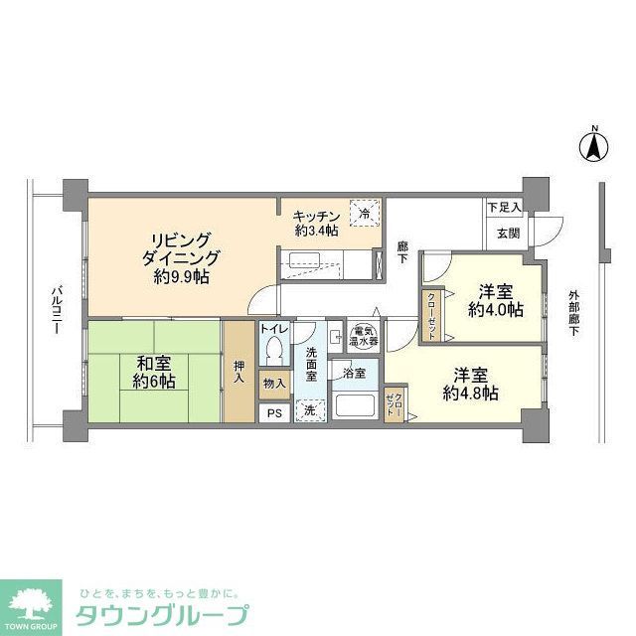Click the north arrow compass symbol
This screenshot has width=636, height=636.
pyautogui.click(x=593, y=146)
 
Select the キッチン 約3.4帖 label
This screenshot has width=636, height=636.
pyautogui.click(x=317, y=224)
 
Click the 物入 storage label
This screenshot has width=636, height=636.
pyautogui.click(x=274, y=383)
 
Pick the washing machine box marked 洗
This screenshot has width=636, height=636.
pyautogui.click(x=310, y=409)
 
